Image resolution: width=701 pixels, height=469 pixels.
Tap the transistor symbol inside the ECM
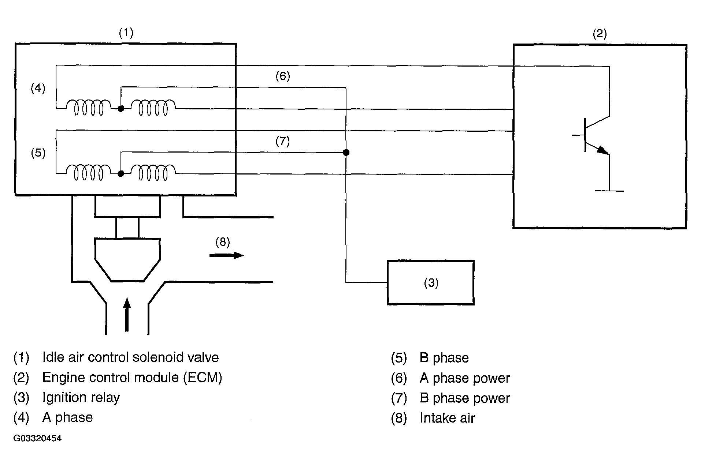pyautogui.click(x=591, y=135)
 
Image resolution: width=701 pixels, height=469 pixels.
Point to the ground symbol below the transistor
pyautogui.click(x=609, y=191)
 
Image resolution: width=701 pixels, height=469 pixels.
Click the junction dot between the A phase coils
pyautogui.click(x=120, y=109)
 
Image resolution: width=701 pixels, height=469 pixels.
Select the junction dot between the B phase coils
pyautogui.click(x=120, y=174)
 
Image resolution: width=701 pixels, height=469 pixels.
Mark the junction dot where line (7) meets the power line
pyautogui.click(x=346, y=152)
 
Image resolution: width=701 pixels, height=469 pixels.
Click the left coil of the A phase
pyautogui.click(x=88, y=108)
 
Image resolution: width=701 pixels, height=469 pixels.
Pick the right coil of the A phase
pyautogui.click(x=153, y=108)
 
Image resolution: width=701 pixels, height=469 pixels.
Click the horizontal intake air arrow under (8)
pyautogui.click(x=226, y=255)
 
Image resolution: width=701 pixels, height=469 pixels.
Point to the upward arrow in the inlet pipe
pyautogui.click(x=127, y=315)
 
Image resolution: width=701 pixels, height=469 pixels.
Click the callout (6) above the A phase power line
pyautogui.click(x=283, y=76)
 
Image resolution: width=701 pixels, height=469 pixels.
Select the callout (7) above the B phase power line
pyautogui.click(x=283, y=141)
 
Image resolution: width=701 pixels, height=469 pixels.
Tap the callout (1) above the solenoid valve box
pyautogui.click(x=126, y=33)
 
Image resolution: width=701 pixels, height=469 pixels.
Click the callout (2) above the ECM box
pyautogui.click(x=600, y=34)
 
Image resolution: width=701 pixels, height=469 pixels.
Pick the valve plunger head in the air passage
pyautogui.click(x=127, y=260)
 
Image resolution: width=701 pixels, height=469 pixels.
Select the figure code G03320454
pyautogui.click(x=37, y=438)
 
